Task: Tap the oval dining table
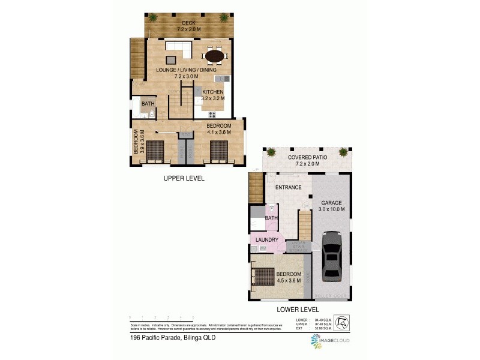(215, 56)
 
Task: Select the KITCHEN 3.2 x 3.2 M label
(213, 95)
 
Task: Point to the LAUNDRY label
(266, 240)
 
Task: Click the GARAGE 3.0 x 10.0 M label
(332, 206)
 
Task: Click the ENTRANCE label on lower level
(288, 187)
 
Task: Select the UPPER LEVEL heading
(184, 178)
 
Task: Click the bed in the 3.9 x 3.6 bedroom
(155, 151)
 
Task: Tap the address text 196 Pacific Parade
(172, 338)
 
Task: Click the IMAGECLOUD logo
(329, 341)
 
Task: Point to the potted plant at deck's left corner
(152, 18)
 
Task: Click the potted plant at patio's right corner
(343, 152)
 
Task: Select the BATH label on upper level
(148, 104)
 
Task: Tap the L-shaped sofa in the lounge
(178, 47)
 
